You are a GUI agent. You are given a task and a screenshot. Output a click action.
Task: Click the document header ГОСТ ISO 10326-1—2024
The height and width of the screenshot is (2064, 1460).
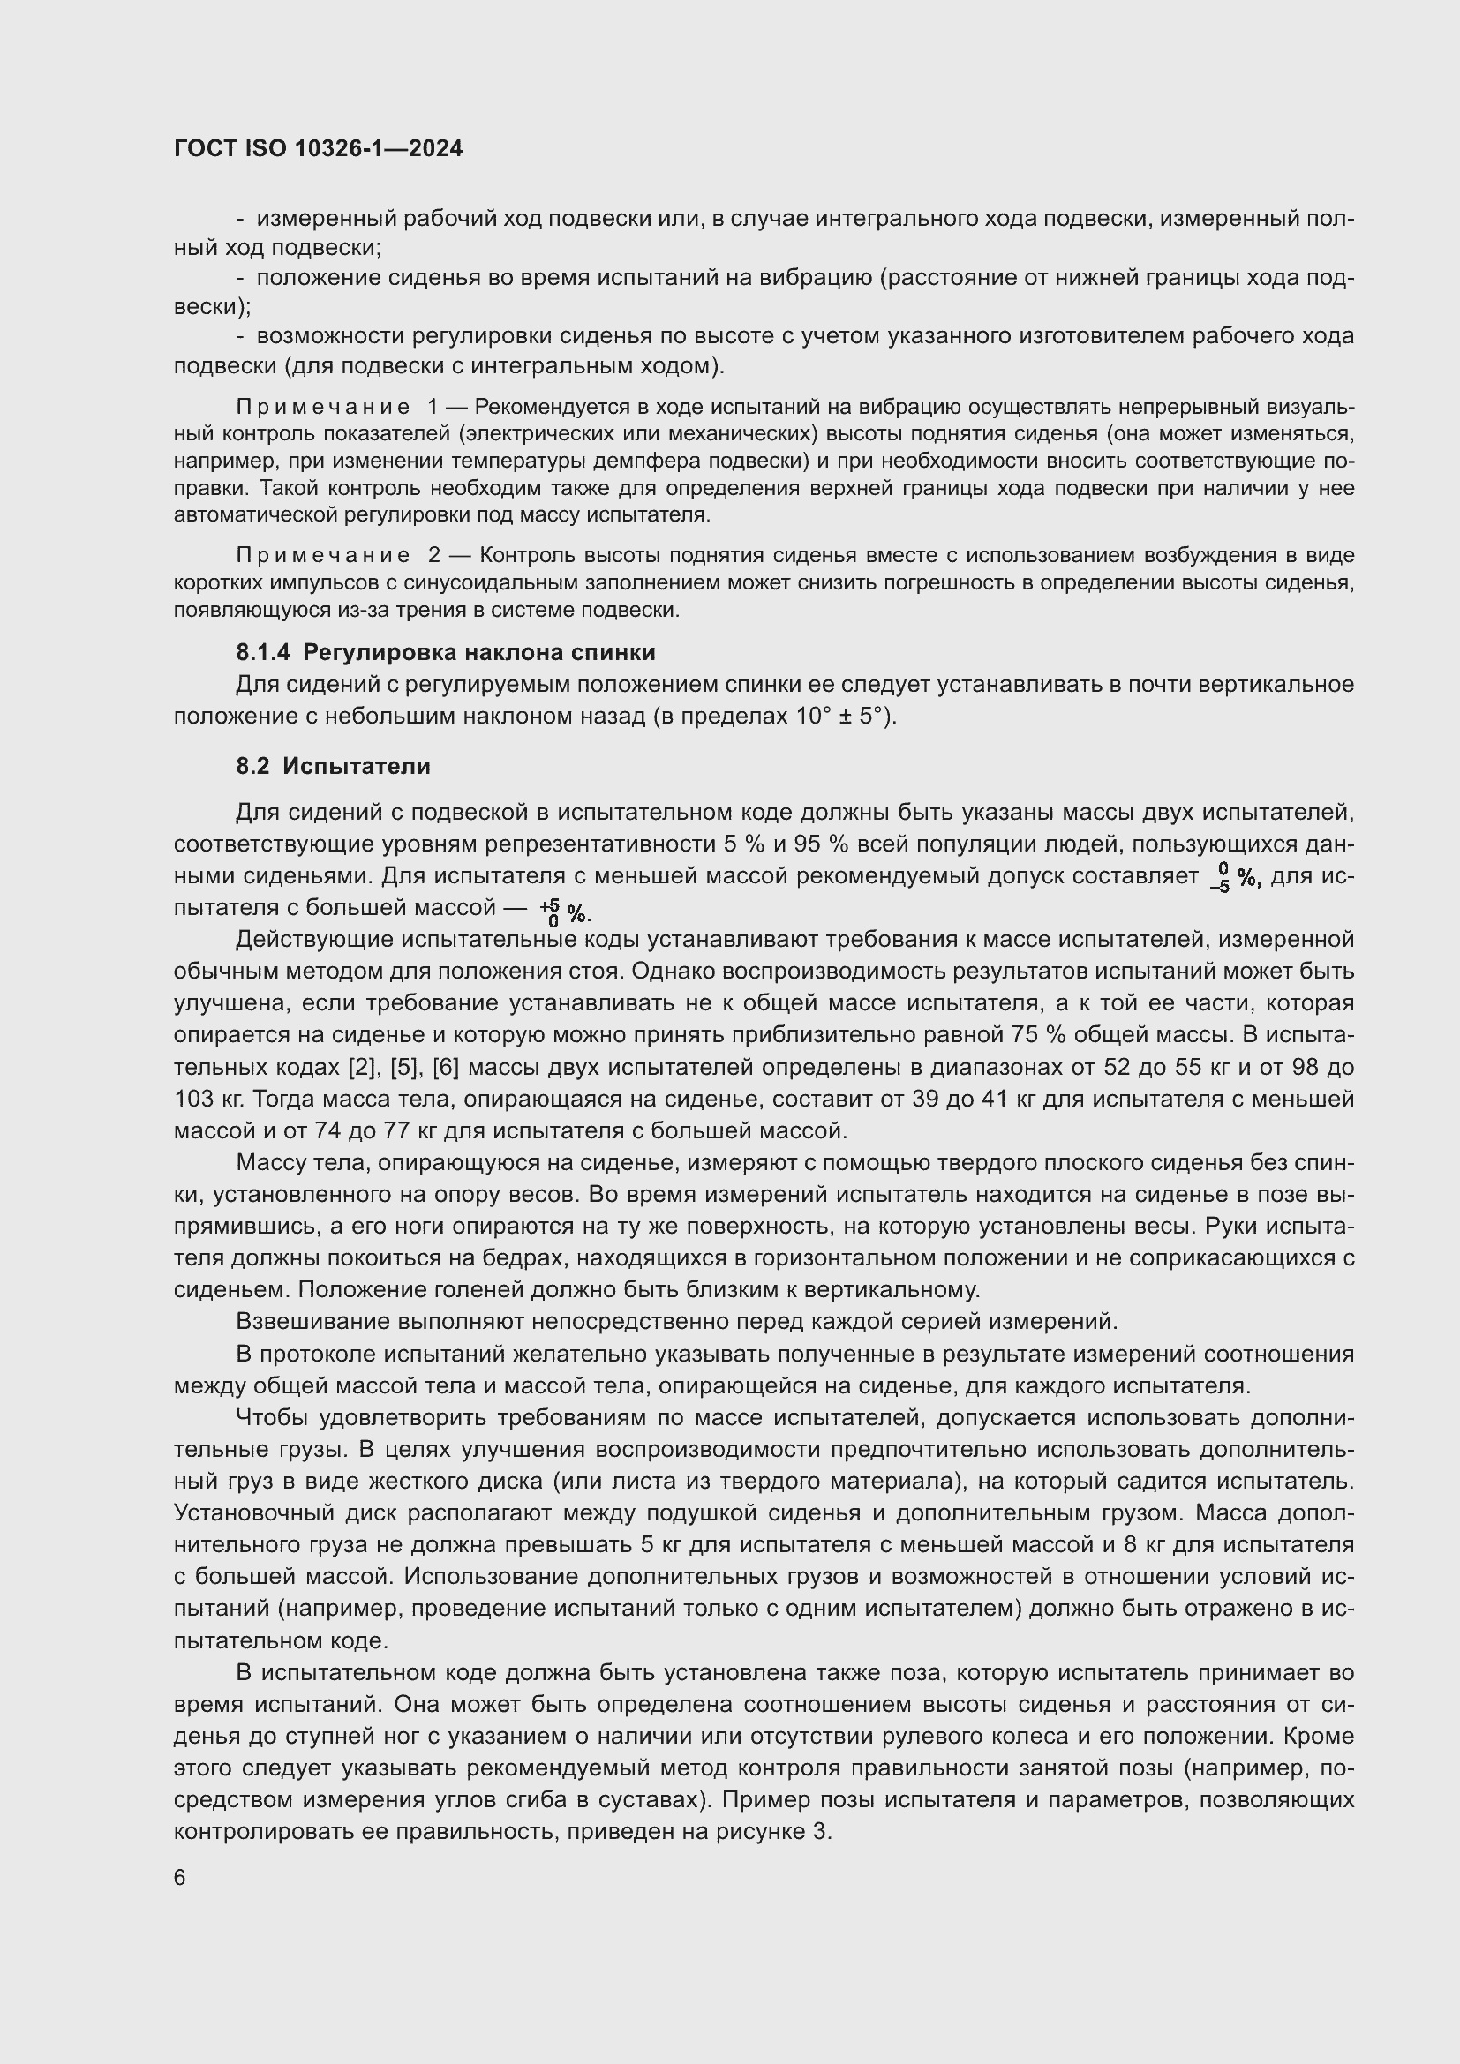319,148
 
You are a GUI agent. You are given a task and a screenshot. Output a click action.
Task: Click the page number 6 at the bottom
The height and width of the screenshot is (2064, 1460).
180,1877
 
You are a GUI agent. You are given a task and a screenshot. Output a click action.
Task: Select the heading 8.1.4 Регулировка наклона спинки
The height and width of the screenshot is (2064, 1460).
446,652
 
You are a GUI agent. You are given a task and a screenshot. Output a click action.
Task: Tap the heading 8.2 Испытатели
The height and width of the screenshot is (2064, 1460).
334,766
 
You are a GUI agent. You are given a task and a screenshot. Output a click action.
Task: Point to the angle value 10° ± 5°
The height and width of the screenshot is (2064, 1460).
842,717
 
